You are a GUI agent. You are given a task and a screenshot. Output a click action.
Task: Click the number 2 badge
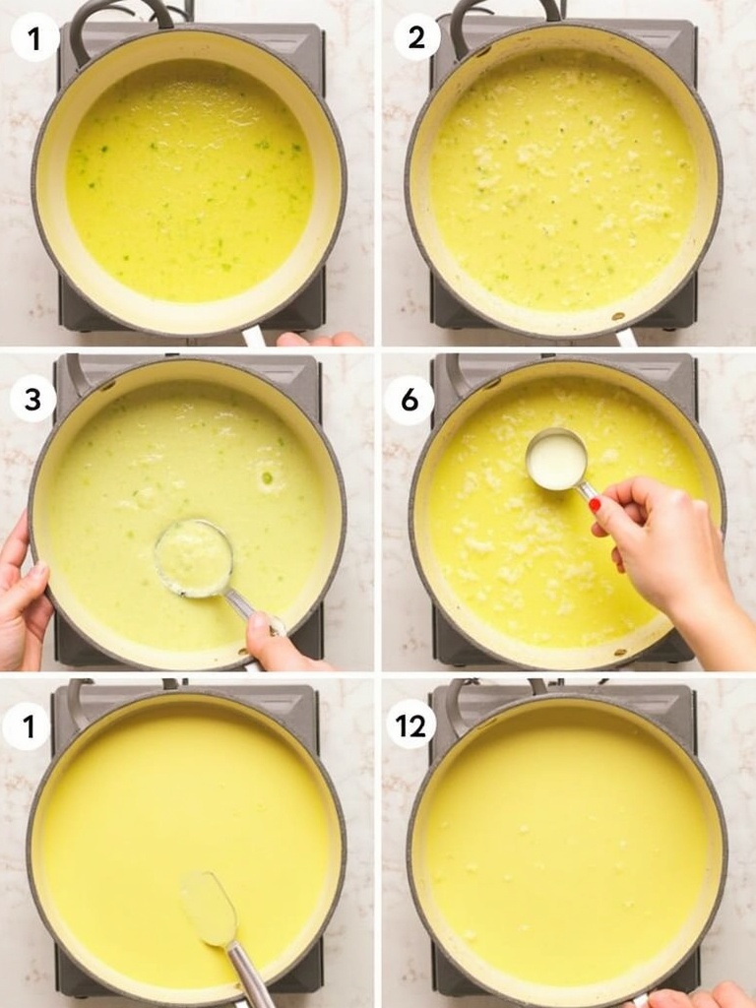[416, 37]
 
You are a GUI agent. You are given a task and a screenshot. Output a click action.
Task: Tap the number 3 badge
[32, 399]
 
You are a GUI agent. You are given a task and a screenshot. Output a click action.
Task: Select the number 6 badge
[409, 400]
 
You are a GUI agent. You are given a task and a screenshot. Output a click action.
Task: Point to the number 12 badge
[410, 726]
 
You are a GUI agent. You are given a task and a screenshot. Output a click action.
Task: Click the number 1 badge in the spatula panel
[27, 726]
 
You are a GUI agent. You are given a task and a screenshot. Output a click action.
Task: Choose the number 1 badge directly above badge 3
[34, 37]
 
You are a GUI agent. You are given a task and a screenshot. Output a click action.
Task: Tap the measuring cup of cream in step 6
[556, 460]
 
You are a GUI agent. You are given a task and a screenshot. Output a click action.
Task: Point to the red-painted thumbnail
[595, 505]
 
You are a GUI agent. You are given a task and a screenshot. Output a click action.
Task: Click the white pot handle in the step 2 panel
[625, 338]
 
